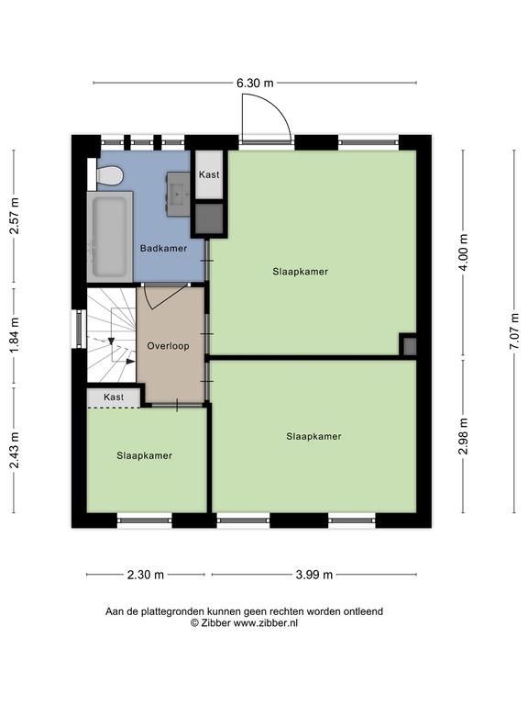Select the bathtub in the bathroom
click(x=110, y=238)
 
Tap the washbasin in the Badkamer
click(x=179, y=194)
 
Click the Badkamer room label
click(x=163, y=248)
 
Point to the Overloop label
click(x=169, y=346)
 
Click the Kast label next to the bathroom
click(x=209, y=174)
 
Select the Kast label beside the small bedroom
click(x=114, y=397)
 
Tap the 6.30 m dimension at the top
click(x=255, y=84)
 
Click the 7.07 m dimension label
click(x=514, y=331)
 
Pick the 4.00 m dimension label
click(x=463, y=252)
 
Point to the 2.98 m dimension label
click(x=463, y=436)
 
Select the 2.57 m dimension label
click(x=15, y=216)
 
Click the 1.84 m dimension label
click(x=15, y=335)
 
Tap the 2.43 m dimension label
click(x=15, y=450)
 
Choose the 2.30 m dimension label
click(x=146, y=575)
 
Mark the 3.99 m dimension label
click(x=314, y=575)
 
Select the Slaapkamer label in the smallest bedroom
click(x=145, y=456)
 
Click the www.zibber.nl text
click(x=265, y=623)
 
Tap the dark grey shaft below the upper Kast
click(x=209, y=219)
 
